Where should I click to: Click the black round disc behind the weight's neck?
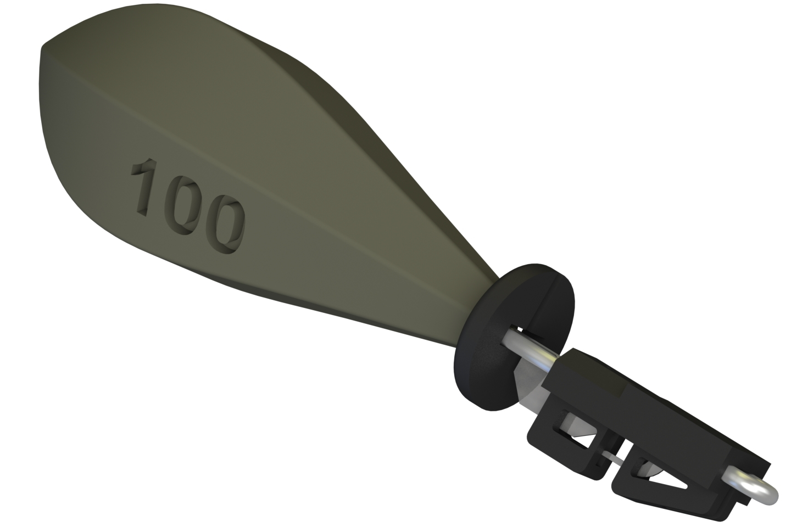pyautogui.click(x=483, y=362)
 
